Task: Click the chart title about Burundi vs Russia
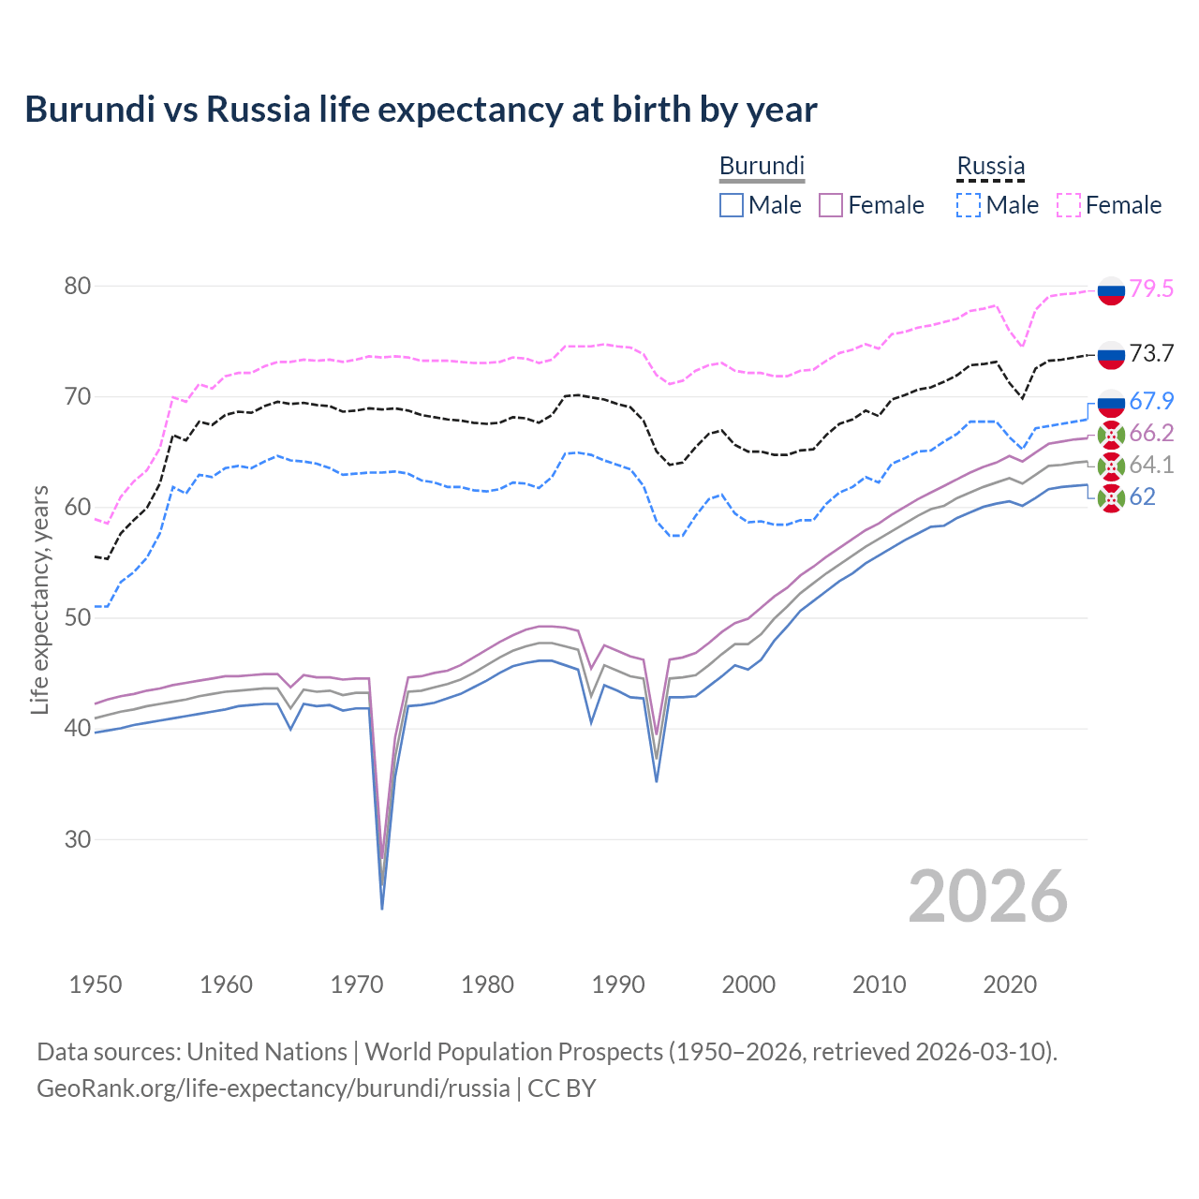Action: pos(421,110)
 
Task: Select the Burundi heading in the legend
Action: pos(762,166)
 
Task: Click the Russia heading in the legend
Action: pos(990,166)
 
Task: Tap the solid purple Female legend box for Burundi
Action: pos(832,205)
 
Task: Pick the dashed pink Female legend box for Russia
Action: pos(1069,205)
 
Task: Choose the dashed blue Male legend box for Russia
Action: pos(969,205)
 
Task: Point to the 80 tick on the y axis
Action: pos(77,286)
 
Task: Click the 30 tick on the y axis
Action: pos(77,839)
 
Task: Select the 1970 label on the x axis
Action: pos(357,984)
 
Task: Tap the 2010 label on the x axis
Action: pos(879,984)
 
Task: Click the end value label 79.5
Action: pos(1151,289)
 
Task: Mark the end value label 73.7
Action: pos(1151,353)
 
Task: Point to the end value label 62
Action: pos(1142,496)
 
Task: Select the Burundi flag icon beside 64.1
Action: pos(1111,466)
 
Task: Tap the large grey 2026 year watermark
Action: pos(988,897)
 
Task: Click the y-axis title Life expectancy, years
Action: pos(40,599)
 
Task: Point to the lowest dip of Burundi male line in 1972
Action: pos(382,908)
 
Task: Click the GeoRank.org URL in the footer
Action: pos(273,1088)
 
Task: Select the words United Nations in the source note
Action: pos(267,1052)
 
